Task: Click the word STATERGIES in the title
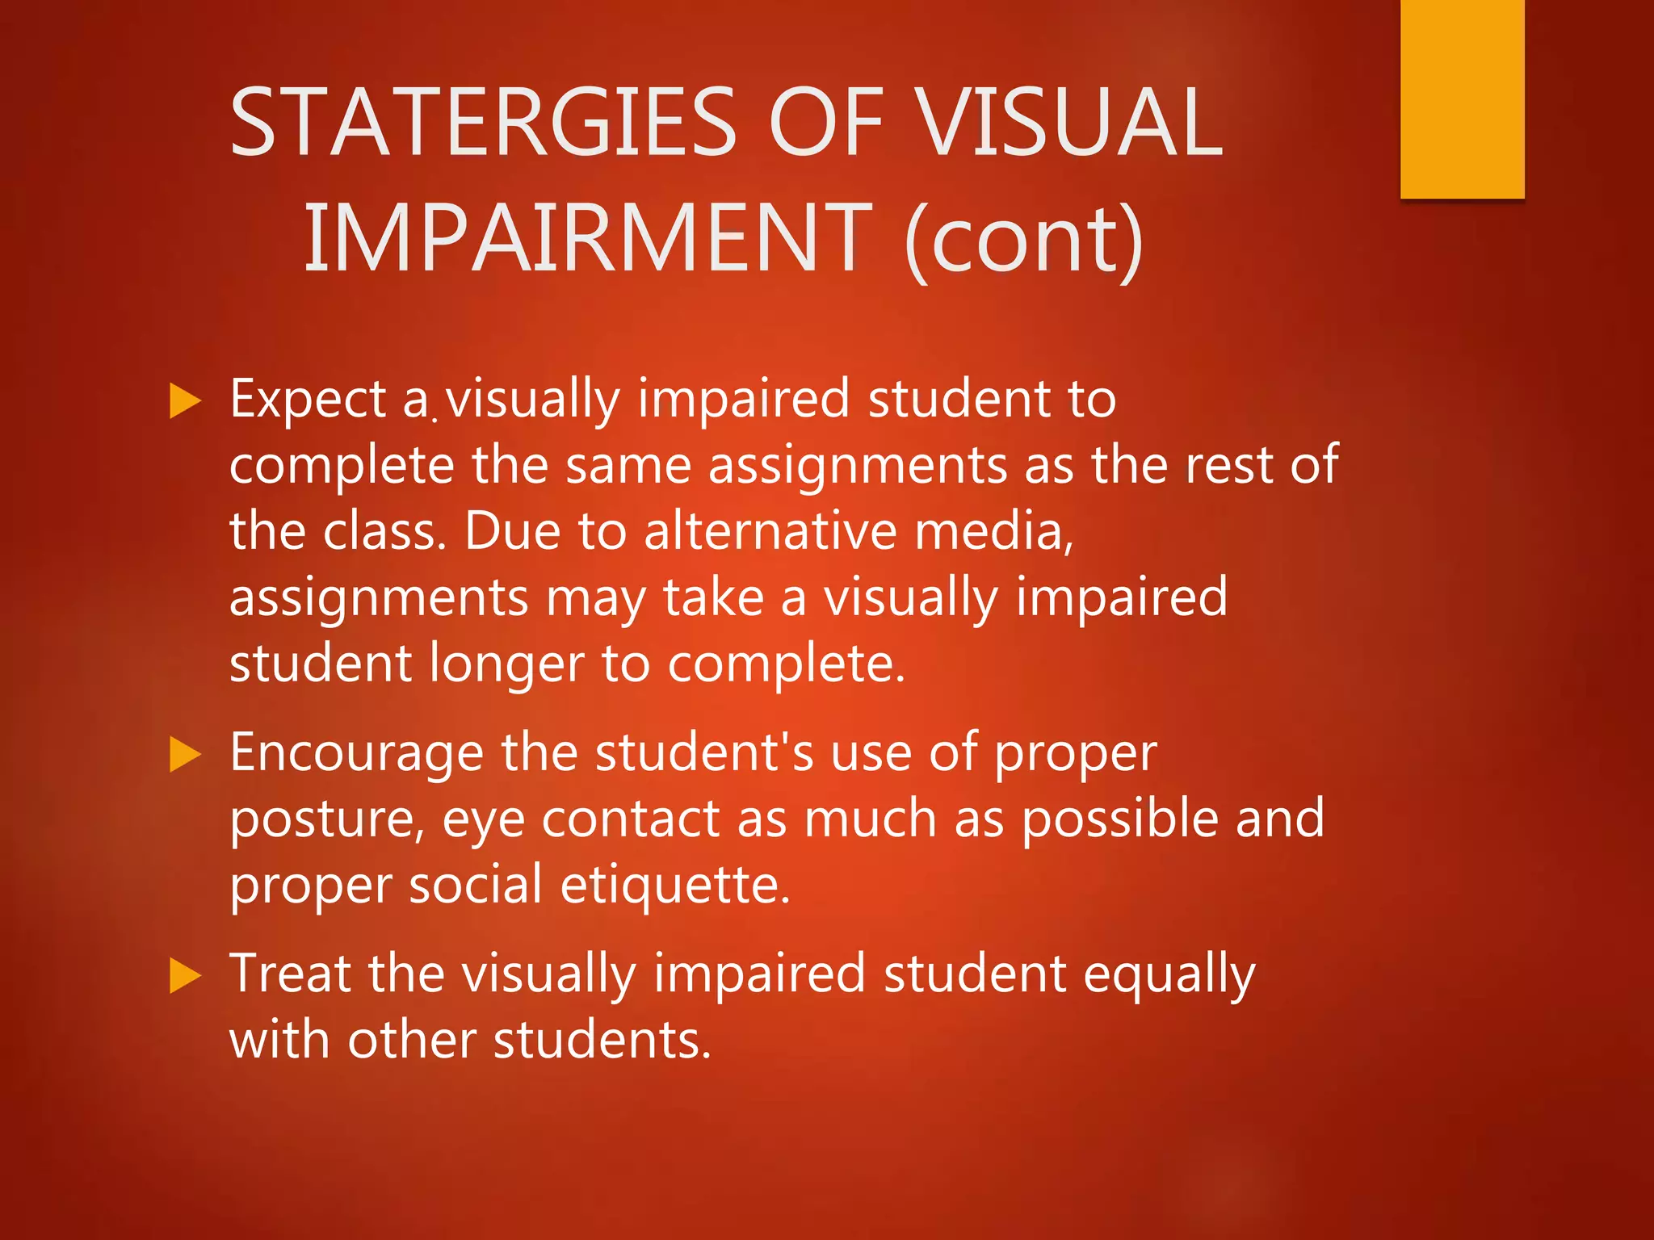coord(482,123)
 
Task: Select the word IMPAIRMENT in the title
coord(588,239)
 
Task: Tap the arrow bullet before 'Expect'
coord(185,401)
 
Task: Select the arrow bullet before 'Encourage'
coord(185,755)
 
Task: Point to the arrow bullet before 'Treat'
coord(185,976)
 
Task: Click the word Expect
coord(308,400)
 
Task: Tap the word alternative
coord(770,532)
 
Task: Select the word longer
coord(506,664)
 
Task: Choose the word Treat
coord(291,974)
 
